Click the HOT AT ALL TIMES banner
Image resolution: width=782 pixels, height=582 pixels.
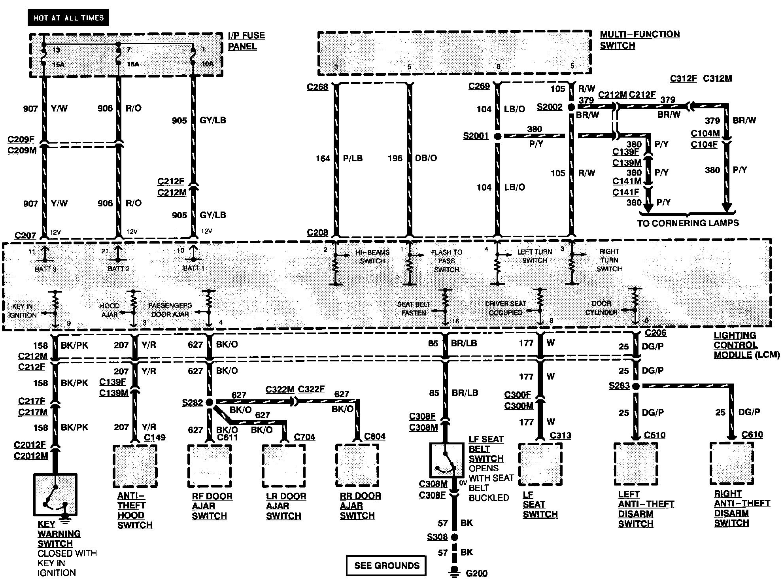pyautogui.click(x=68, y=18)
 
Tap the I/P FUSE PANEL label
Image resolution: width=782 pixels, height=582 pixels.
pyautogui.click(x=246, y=41)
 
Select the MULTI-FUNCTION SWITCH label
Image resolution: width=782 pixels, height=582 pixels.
pyautogui.click(x=639, y=40)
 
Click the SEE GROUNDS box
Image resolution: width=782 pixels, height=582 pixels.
pyautogui.click(x=386, y=565)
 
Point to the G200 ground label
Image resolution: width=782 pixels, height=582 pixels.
pyautogui.click(x=476, y=573)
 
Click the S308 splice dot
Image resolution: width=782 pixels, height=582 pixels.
pyautogui.click(x=455, y=537)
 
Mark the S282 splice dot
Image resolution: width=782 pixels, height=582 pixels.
pyautogui.click(x=210, y=402)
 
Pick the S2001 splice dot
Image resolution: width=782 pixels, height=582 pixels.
pyautogui.click(x=498, y=136)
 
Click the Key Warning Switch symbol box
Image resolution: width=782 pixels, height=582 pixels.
pyautogui.click(x=55, y=495)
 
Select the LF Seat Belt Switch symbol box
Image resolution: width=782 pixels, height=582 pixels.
pyautogui.click(x=447, y=460)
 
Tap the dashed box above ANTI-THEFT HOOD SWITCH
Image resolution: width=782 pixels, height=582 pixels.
pyautogui.click(x=135, y=466)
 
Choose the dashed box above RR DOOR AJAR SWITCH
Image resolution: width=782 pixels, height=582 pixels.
pyautogui.click(x=357, y=465)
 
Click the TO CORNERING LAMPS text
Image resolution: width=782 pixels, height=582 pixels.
pyautogui.click(x=688, y=223)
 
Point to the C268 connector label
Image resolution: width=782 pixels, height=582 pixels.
pyautogui.click(x=317, y=87)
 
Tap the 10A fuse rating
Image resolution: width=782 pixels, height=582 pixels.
pyautogui.click(x=208, y=63)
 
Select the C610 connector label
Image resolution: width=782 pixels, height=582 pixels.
pyautogui.click(x=752, y=435)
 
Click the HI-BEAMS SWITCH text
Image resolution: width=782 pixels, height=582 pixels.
pyautogui.click(x=372, y=257)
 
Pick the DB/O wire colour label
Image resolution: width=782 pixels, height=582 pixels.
pyautogui.click(x=426, y=158)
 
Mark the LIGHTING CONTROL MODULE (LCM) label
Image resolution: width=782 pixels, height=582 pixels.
pyautogui.click(x=746, y=345)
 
